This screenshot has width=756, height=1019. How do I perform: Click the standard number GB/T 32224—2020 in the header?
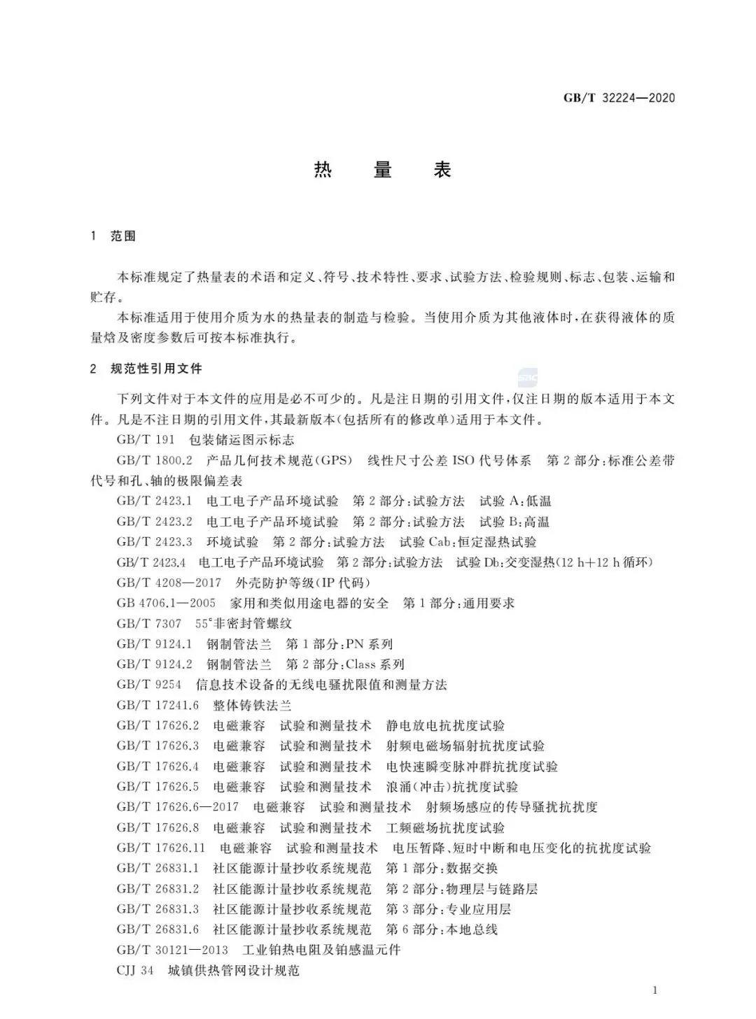pyautogui.click(x=619, y=98)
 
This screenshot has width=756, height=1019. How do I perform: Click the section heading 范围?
pyautogui.click(x=123, y=236)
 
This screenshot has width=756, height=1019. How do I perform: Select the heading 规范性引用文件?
pyautogui.click(x=156, y=369)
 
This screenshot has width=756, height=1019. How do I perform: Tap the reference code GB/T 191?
pyautogui.click(x=145, y=440)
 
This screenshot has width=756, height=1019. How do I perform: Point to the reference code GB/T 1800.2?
pyautogui.click(x=154, y=461)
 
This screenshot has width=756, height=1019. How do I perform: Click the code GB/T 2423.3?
pyautogui.click(x=154, y=542)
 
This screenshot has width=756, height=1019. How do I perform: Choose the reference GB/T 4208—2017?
pyautogui.click(x=169, y=583)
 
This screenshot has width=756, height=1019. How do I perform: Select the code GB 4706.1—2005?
pyautogui.click(x=166, y=603)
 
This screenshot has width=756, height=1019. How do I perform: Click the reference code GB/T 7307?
pyautogui.click(x=148, y=623)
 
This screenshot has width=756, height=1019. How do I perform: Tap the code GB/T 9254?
pyautogui.click(x=148, y=685)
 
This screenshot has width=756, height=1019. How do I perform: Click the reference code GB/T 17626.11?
pyautogui.click(x=160, y=848)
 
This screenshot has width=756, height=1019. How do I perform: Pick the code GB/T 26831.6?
pyautogui.click(x=157, y=929)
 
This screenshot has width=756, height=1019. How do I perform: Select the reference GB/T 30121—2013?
pyautogui.click(x=172, y=950)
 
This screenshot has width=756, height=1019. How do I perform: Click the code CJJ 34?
pyautogui.click(x=134, y=971)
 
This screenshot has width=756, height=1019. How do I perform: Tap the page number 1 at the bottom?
pyautogui.click(x=654, y=990)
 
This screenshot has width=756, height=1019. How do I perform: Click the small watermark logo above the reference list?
pyautogui.click(x=528, y=378)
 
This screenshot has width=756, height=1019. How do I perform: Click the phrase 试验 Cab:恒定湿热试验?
pyautogui.click(x=468, y=542)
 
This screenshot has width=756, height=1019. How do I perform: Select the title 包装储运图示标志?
pyautogui.click(x=241, y=440)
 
